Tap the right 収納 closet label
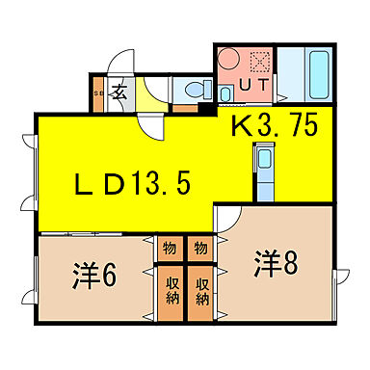coord(202,293)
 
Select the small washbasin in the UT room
coord(225,94)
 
